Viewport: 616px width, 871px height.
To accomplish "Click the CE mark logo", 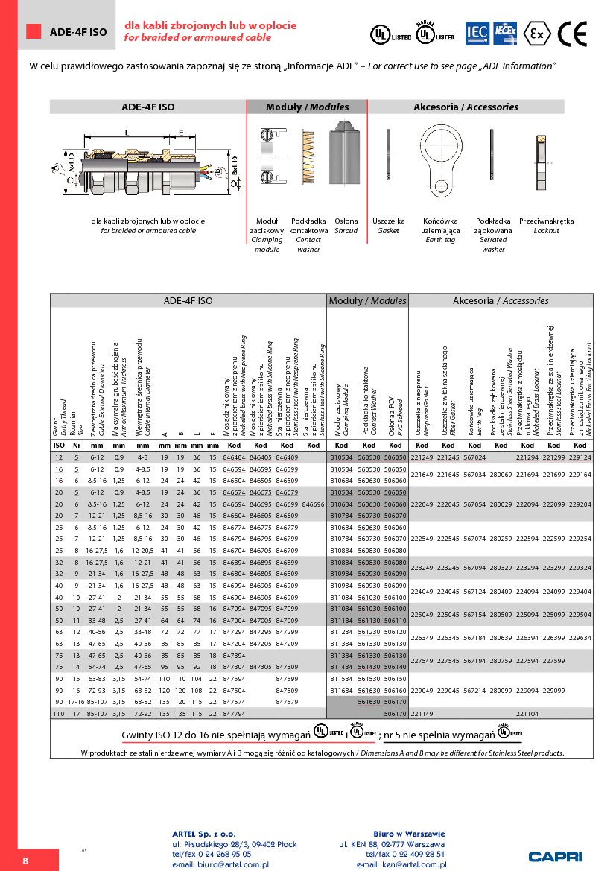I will tap(573, 34).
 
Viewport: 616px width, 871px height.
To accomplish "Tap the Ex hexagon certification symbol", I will tap(534, 34).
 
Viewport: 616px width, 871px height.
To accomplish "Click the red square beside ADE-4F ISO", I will tap(34, 31).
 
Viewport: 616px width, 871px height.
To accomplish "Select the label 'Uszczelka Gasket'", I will tap(388, 226).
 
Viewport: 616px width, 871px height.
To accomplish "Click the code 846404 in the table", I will tap(235, 457).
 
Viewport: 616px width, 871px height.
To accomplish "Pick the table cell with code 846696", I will tap(314, 504).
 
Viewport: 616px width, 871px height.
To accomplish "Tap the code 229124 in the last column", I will tap(580, 457).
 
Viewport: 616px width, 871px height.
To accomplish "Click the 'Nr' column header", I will tap(76, 445).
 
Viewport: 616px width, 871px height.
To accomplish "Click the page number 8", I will tap(25, 861).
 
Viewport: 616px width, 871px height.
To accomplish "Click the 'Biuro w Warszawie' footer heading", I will tap(409, 833).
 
